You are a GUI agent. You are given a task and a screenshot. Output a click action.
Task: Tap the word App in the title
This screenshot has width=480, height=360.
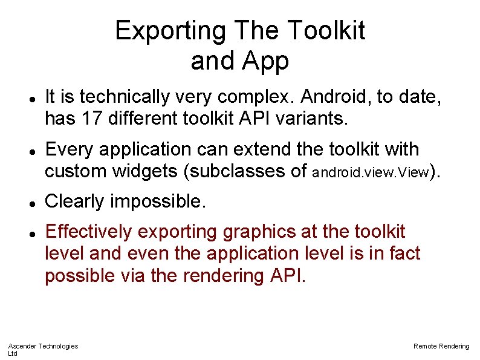(267, 61)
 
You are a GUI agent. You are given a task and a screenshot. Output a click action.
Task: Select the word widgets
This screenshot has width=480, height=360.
(144, 171)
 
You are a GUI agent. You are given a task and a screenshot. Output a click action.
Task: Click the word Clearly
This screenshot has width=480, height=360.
(76, 201)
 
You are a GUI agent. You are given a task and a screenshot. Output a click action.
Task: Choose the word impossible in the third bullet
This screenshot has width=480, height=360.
(159, 201)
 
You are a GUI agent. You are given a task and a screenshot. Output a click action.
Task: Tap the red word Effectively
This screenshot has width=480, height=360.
(89, 231)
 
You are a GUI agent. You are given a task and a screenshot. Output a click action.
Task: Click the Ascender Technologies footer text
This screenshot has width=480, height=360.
(43, 346)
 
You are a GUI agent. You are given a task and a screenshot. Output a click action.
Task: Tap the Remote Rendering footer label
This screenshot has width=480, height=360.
(441, 346)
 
